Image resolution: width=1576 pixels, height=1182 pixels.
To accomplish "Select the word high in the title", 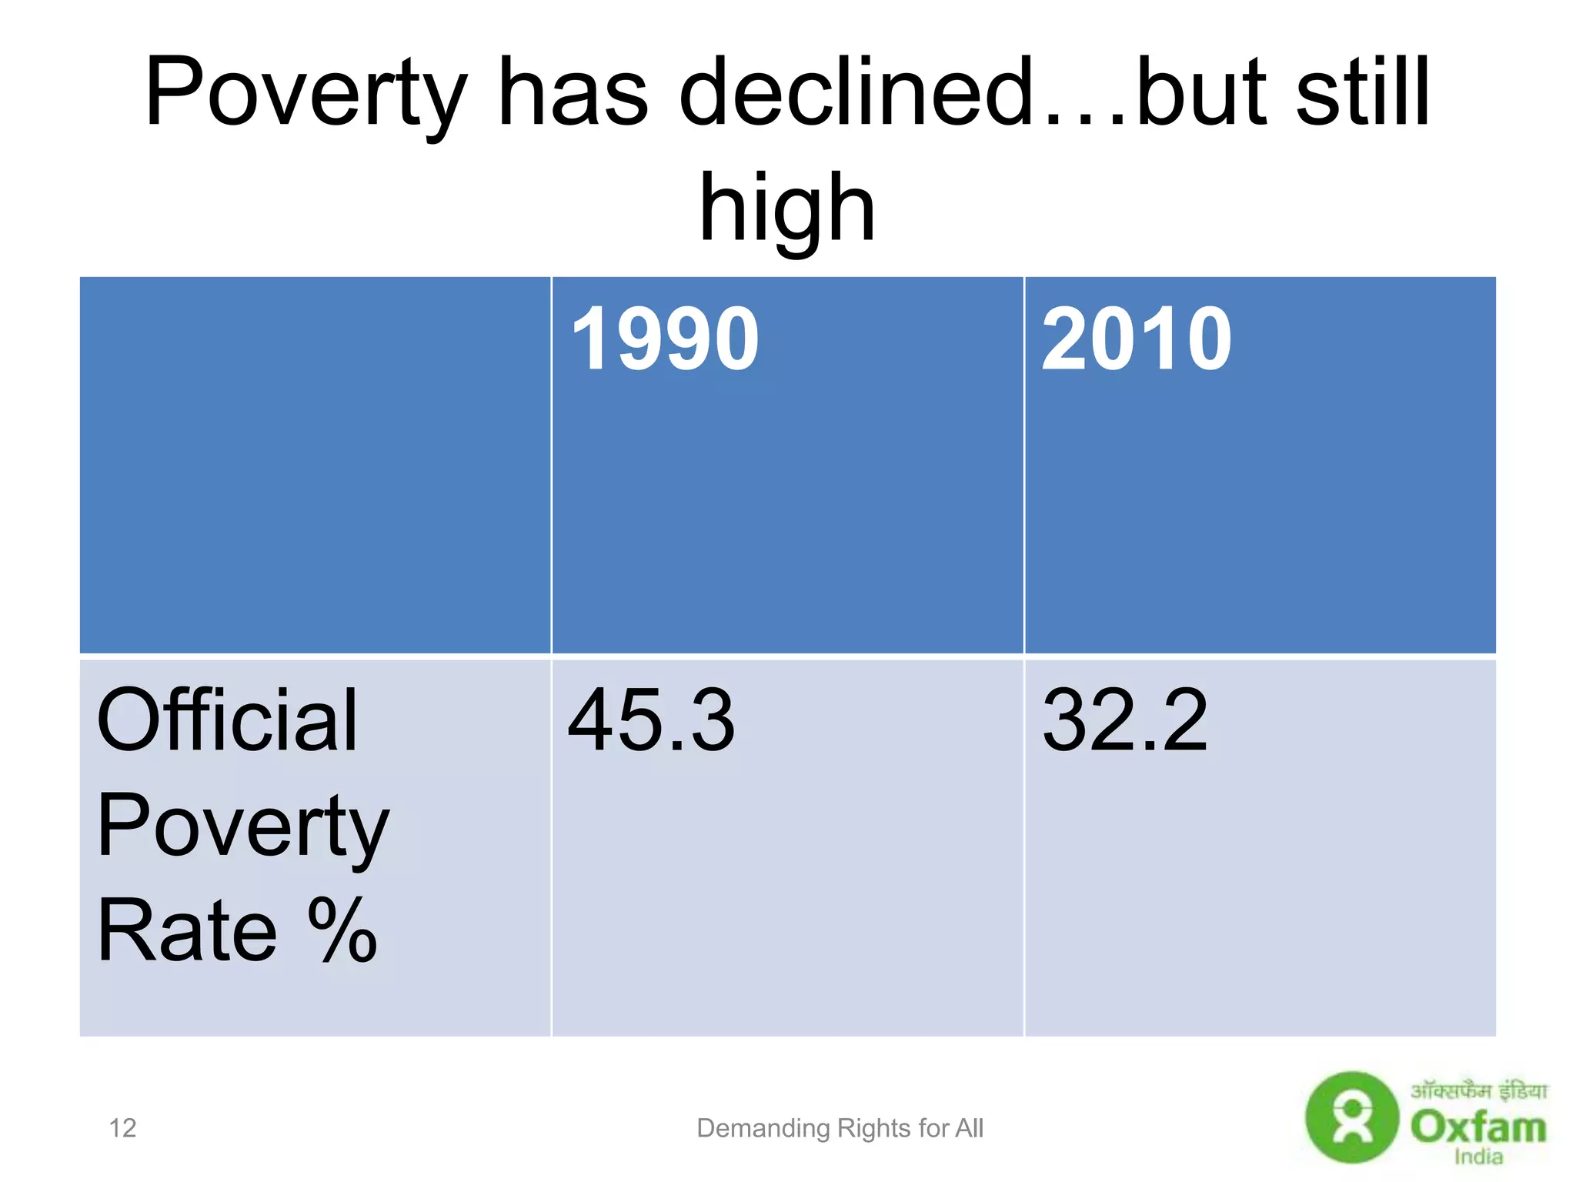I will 786,208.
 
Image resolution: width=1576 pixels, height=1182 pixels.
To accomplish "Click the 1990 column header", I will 665,339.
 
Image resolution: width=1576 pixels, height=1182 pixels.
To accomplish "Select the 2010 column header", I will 1136,339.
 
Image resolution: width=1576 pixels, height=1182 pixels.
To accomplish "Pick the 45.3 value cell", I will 651,721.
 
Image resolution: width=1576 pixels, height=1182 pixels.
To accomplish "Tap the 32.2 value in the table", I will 1124,721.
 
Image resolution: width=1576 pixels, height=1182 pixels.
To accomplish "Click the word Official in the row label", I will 227,721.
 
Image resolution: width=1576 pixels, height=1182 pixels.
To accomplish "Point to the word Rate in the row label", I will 186,931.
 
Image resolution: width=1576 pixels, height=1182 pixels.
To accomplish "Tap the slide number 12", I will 122,1128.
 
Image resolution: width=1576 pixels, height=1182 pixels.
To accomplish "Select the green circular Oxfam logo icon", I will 1351,1117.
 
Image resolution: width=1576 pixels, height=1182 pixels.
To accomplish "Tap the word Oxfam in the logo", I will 1477,1127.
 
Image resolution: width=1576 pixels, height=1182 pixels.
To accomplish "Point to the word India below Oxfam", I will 1477,1157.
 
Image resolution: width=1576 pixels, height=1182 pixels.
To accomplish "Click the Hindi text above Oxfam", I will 1477,1091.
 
